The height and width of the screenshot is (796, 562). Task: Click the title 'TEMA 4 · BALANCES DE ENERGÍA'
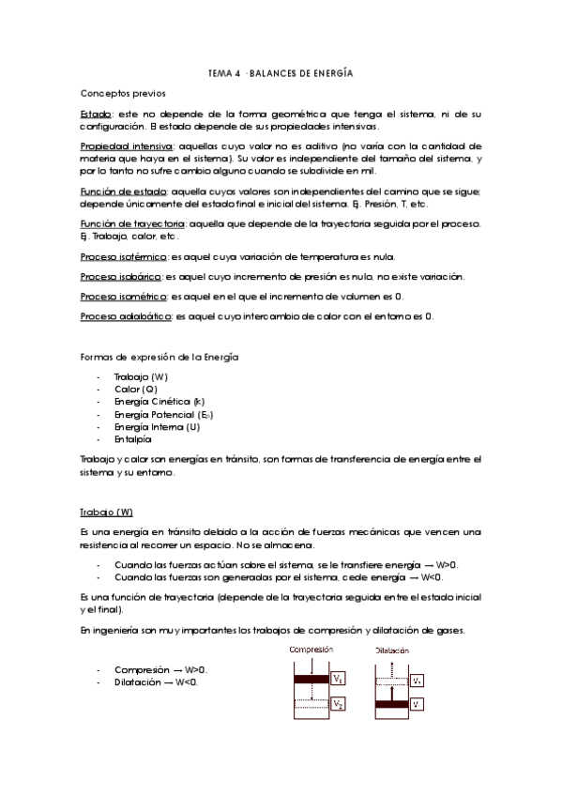(x=280, y=72)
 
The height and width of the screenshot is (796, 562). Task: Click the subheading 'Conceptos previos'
(x=123, y=94)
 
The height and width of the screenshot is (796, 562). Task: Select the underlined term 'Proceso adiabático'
(x=126, y=315)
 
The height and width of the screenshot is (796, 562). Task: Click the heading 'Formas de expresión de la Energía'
(x=159, y=359)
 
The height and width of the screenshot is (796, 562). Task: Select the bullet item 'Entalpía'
(x=132, y=439)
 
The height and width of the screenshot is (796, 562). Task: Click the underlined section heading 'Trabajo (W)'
(x=106, y=513)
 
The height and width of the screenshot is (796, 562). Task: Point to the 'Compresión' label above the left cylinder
(x=311, y=649)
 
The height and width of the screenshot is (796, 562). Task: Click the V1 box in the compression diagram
(x=339, y=679)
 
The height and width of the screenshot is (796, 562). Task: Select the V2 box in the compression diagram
(x=339, y=703)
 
